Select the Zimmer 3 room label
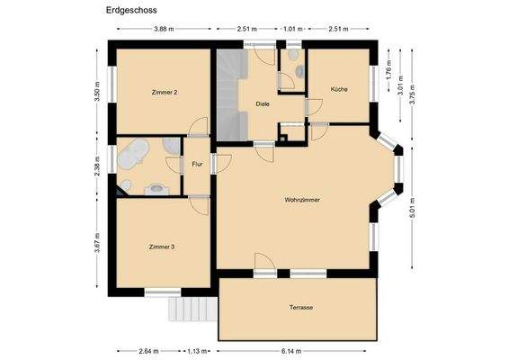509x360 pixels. (162, 245)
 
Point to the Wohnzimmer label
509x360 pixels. (302, 200)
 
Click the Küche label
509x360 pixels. (339, 90)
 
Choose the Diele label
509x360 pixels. (263, 104)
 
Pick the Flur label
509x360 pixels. (197, 164)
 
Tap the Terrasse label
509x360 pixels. (301, 308)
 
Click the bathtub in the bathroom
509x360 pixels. (136, 156)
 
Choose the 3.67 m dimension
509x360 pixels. (95, 246)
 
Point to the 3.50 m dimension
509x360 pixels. (95, 90)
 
